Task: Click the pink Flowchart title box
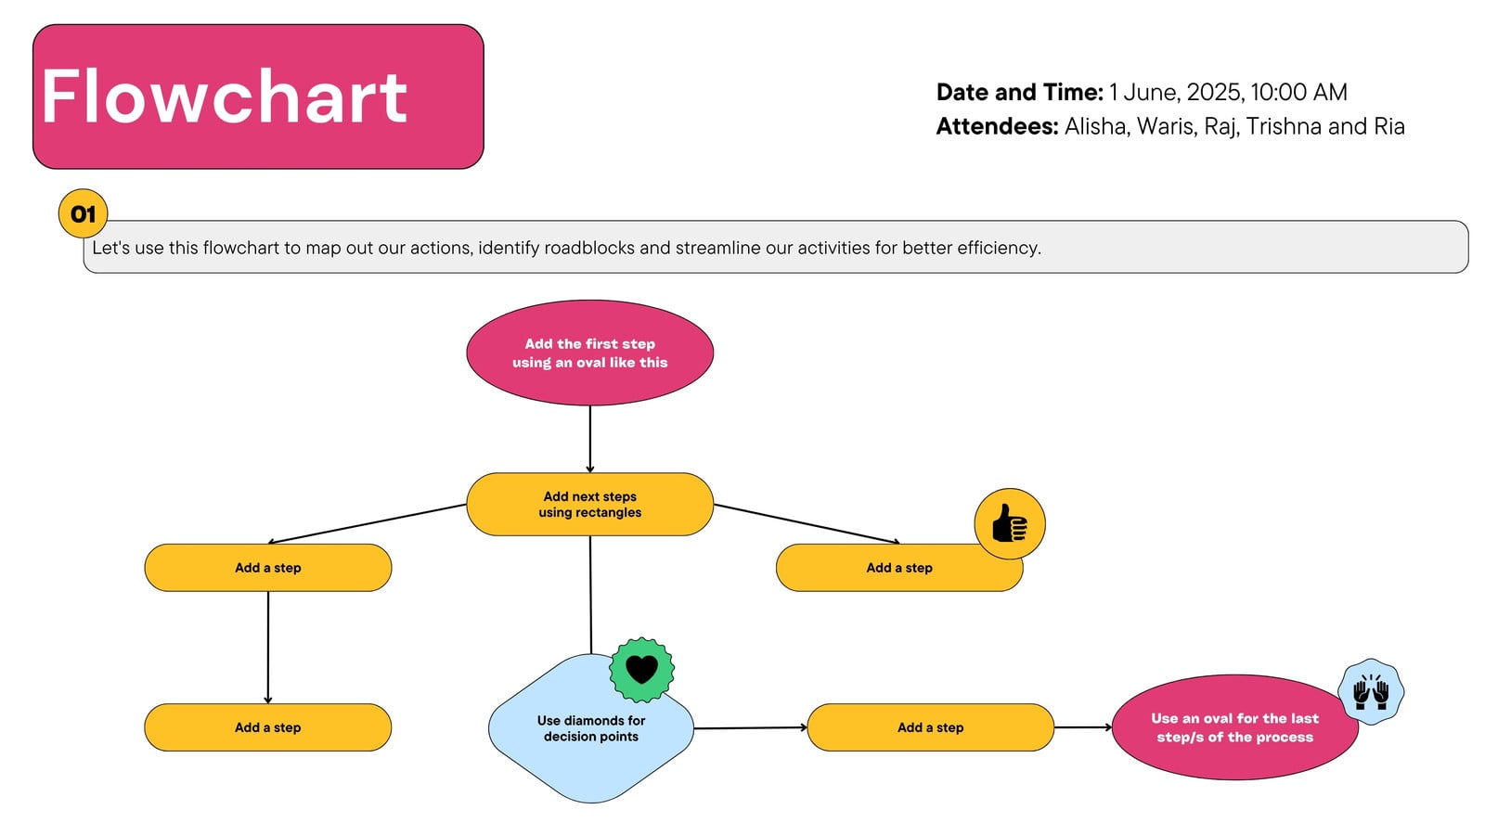click(x=258, y=96)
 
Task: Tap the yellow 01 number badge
click(x=83, y=213)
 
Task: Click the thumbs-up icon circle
click(x=1010, y=523)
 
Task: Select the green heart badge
click(x=641, y=669)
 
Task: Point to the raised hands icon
click(x=1371, y=692)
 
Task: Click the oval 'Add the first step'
click(x=590, y=353)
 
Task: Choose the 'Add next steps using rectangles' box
click(x=590, y=505)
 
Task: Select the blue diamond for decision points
click(x=590, y=728)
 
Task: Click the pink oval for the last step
click(x=1234, y=727)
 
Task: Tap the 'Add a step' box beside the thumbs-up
click(x=899, y=568)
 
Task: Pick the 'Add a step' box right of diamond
click(x=930, y=727)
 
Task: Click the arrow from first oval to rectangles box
click(x=590, y=439)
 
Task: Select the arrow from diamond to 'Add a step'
click(x=751, y=727)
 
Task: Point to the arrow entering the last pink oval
click(x=1083, y=727)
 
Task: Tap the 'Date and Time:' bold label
click(x=1020, y=92)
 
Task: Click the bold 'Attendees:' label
click(x=997, y=126)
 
